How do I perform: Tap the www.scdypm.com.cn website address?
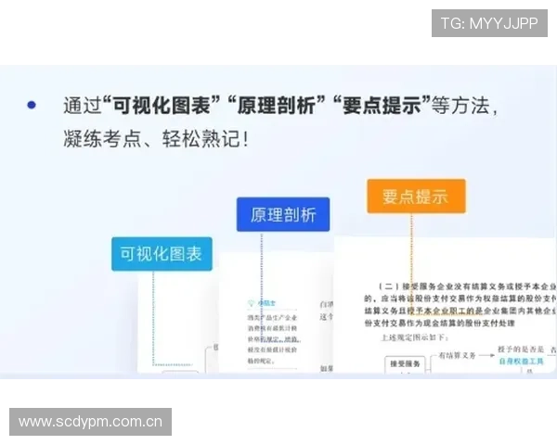tap(91, 423)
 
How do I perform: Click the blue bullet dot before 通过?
tap(32, 105)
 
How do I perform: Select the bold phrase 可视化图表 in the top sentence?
tap(166, 105)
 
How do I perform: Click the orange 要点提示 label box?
tap(415, 197)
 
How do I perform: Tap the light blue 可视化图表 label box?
tap(162, 253)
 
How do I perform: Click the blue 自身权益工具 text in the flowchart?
tap(520, 362)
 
